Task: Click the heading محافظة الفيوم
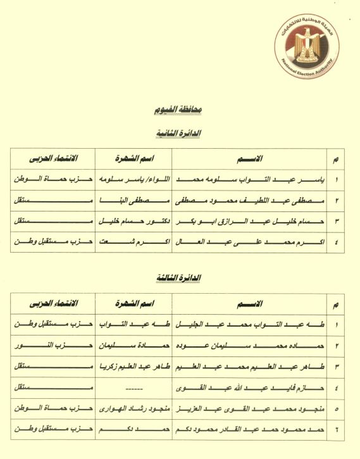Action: (178, 109)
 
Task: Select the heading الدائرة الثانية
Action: (178, 134)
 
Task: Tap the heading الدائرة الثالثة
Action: (178, 278)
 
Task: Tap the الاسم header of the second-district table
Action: (247, 158)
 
